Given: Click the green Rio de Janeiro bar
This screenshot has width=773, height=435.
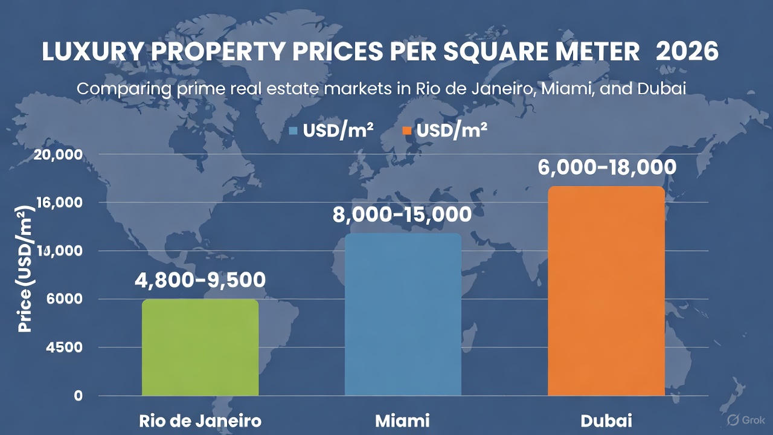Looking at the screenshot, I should [x=200, y=347].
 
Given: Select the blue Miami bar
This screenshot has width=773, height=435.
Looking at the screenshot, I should [x=403, y=314].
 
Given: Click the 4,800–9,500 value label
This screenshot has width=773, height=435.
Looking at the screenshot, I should [x=200, y=280].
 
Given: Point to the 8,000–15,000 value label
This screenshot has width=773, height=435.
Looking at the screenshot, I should [x=402, y=214].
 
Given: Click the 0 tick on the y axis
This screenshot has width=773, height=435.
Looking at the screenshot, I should [x=78, y=396].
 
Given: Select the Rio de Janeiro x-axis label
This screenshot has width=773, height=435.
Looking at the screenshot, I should [x=200, y=420].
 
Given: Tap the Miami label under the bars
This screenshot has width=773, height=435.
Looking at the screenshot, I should [x=402, y=420].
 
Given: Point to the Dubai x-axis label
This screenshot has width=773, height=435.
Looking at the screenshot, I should [x=606, y=420].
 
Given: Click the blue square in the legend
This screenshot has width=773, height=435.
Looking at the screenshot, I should [x=293, y=130].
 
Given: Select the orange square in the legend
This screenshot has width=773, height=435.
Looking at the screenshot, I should [x=407, y=130].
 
